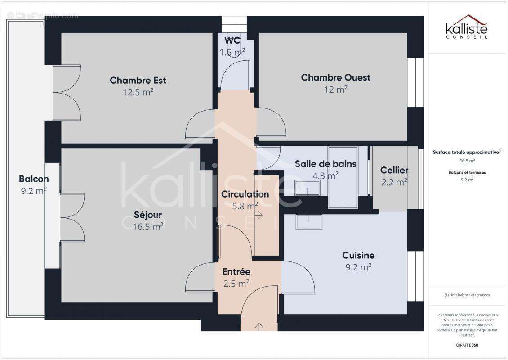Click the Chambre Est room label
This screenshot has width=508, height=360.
pyautogui.click(x=138, y=81)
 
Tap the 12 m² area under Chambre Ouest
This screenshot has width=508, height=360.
pyautogui.click(x=336, y=90)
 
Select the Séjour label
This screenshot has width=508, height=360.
pyautogui.click(x=147, y=215)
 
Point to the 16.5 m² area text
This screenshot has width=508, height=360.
pyautogui.click(x=148, y=227)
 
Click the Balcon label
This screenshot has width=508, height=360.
pyautogui.click(x=34, y=179)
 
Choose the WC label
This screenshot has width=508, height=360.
pyautogui.click(x=232, y=40)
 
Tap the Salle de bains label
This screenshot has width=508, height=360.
pyautogui.click(x=325, y=164)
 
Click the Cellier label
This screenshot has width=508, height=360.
pyautogui.click(x=394, y=170)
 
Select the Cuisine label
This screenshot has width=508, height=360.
pyautogui.click(x=358, y=255)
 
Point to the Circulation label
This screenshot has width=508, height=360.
pyautogui.click(x=245, y=194)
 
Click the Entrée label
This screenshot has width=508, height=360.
pyautogui.click(x=236, y=272)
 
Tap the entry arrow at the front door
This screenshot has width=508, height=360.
pyautogui.click(x=259, y=326)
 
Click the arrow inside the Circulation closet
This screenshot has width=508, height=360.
pyautogui.click(x=259, y=216)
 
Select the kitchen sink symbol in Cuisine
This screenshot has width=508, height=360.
pyautogui.click(x=309, y=222)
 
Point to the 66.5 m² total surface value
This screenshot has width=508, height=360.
pyautogui.click(x=467, y=160)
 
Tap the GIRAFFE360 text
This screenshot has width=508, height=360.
pyautogui.click(x=467, y=345)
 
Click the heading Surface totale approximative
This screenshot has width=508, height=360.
pyautogui.click(x=466, y=152)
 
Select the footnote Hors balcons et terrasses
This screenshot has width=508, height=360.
pyautogui.click(x=467, y=295)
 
